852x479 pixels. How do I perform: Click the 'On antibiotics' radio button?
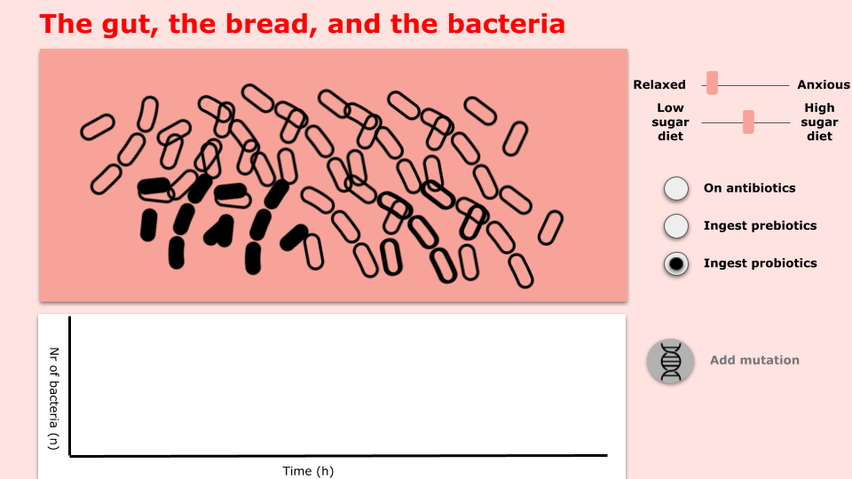[676, 189]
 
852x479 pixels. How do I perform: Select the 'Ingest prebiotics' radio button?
[676, 226]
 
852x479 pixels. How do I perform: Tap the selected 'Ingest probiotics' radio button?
[676, 264]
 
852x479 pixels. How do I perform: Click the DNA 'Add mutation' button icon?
[671, 361]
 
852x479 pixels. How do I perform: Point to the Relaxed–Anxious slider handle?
[712, 83]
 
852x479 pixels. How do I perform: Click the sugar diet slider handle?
[748, 122]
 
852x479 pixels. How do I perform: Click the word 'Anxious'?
[824, 85]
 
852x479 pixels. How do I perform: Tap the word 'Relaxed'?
[659, 85]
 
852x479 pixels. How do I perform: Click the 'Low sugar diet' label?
[671, 122]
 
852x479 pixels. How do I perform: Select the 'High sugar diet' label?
[819, 122]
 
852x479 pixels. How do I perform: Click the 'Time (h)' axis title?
[308, 471]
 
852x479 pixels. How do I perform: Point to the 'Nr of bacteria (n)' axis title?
[53, 398]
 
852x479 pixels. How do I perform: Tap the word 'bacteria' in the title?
[507, 24]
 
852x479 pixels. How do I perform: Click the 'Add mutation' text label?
[754, 360]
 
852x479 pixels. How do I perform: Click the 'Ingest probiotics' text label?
[761, 263]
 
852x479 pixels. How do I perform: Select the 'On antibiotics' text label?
[749, 188]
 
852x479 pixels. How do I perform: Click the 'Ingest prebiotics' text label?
[761, 225]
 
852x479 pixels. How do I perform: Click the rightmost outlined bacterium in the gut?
[550, 228]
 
